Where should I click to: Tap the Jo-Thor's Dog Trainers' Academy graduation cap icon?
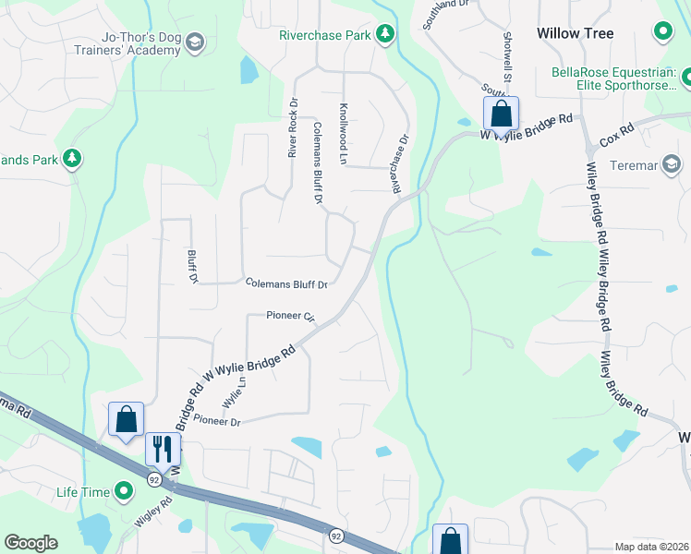coord(195,42)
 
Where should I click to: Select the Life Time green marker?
coord(124,491)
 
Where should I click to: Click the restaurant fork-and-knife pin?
coord(164,451)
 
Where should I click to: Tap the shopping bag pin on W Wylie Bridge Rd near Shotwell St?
coord(501,114)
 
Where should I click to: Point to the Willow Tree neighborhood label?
coord(575,33)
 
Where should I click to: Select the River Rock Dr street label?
coord(293,127)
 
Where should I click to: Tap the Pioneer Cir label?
coord(291,317)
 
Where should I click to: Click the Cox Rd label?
coord(617,138)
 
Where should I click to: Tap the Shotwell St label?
coord(507,54)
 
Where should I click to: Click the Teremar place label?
coord(633,165)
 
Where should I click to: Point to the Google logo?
coord(30,543)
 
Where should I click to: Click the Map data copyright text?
coord(652,547)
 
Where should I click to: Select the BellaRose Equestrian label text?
coord(614,78)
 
